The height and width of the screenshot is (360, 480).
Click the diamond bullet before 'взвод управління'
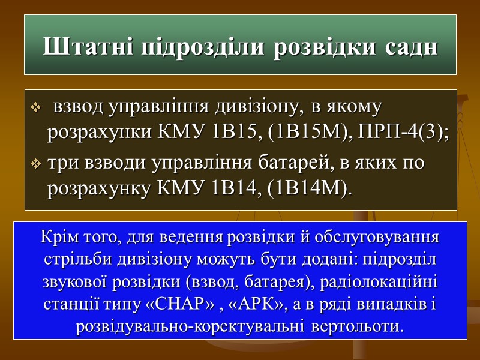[35, 109]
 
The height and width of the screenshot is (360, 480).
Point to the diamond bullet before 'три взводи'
[35, 163]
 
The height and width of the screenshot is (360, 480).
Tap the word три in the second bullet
[60, 163]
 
